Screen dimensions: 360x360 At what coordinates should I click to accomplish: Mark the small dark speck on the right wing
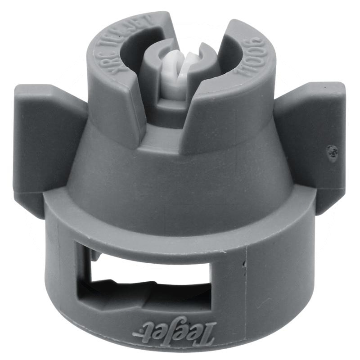(x=333, y=153)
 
